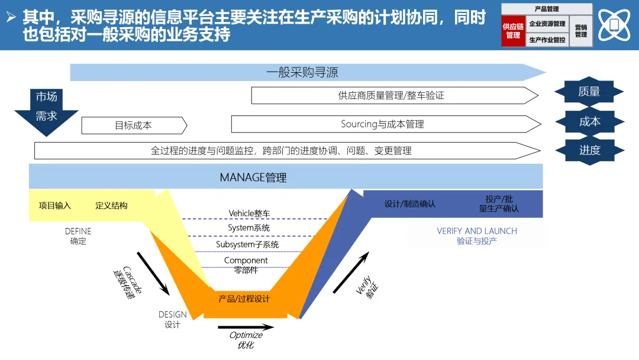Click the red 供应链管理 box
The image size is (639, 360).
[513, 31]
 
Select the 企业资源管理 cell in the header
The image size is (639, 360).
[547, 24]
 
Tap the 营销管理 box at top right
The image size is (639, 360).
[581, 31]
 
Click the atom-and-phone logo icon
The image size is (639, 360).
[614, 25]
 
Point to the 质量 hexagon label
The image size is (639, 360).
[589, 92]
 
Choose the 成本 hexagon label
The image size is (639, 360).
[589, 121]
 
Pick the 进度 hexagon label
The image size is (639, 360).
[589, 150]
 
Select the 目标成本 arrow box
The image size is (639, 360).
[134, 126]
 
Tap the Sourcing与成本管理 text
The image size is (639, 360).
[382, 124]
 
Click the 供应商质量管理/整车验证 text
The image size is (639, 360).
[391, 95]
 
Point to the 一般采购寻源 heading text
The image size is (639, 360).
[302, 73]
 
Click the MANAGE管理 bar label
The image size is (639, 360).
[253, 177]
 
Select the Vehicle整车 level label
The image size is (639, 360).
[249, 213]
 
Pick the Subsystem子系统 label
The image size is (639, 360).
[247, 244]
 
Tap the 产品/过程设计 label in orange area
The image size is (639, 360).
[244, 299]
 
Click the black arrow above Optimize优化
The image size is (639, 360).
[246, 327]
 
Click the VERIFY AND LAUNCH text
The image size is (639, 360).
[477, 231]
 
